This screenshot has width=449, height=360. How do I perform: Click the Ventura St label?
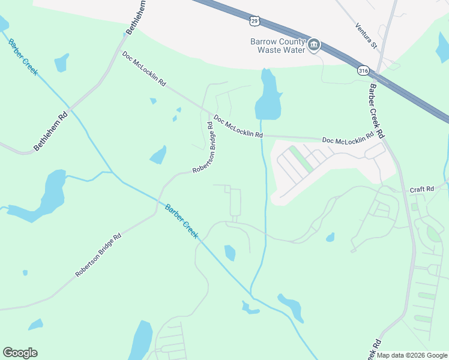365,35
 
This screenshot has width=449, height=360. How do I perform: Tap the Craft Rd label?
421,190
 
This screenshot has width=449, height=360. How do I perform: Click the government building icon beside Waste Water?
314,46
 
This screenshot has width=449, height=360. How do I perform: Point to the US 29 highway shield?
255,20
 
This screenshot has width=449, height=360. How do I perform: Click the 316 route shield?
362,70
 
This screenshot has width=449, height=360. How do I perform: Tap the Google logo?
20,353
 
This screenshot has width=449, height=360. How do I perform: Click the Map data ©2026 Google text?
412,355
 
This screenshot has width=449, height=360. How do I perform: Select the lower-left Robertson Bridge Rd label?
98,255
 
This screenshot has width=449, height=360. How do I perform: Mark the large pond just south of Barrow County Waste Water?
268,97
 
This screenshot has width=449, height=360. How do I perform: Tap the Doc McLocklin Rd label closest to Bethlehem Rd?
144,70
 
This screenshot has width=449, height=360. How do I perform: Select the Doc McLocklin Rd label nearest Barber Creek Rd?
345,140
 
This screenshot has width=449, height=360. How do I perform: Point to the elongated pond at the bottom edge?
141,340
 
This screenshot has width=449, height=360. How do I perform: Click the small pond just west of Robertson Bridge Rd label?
158,155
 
